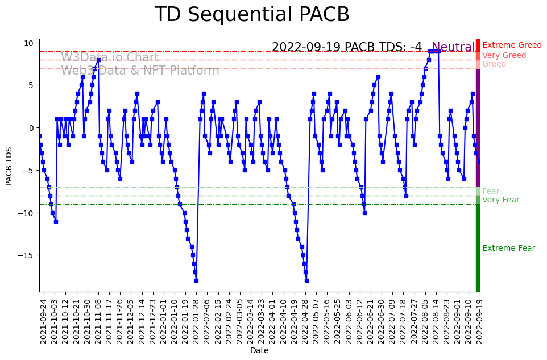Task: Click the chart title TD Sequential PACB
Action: click(252, 15)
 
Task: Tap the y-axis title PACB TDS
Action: click(9, 165)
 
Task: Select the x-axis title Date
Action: click(259, 351)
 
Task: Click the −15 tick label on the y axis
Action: click(26, 255)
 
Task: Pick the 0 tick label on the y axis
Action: click(32, 128)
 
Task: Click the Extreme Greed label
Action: click(512, 45)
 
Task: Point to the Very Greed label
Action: click(504, 55)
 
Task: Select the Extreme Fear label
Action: click(508, 249)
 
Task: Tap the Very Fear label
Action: click(500, 200)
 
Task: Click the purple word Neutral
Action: click(453, 47)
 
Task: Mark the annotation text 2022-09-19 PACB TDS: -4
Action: click(347, 47)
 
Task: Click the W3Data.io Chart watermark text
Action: click(110, 57)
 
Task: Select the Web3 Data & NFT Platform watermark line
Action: click(140, 71)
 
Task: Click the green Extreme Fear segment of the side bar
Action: click(478, 247)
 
